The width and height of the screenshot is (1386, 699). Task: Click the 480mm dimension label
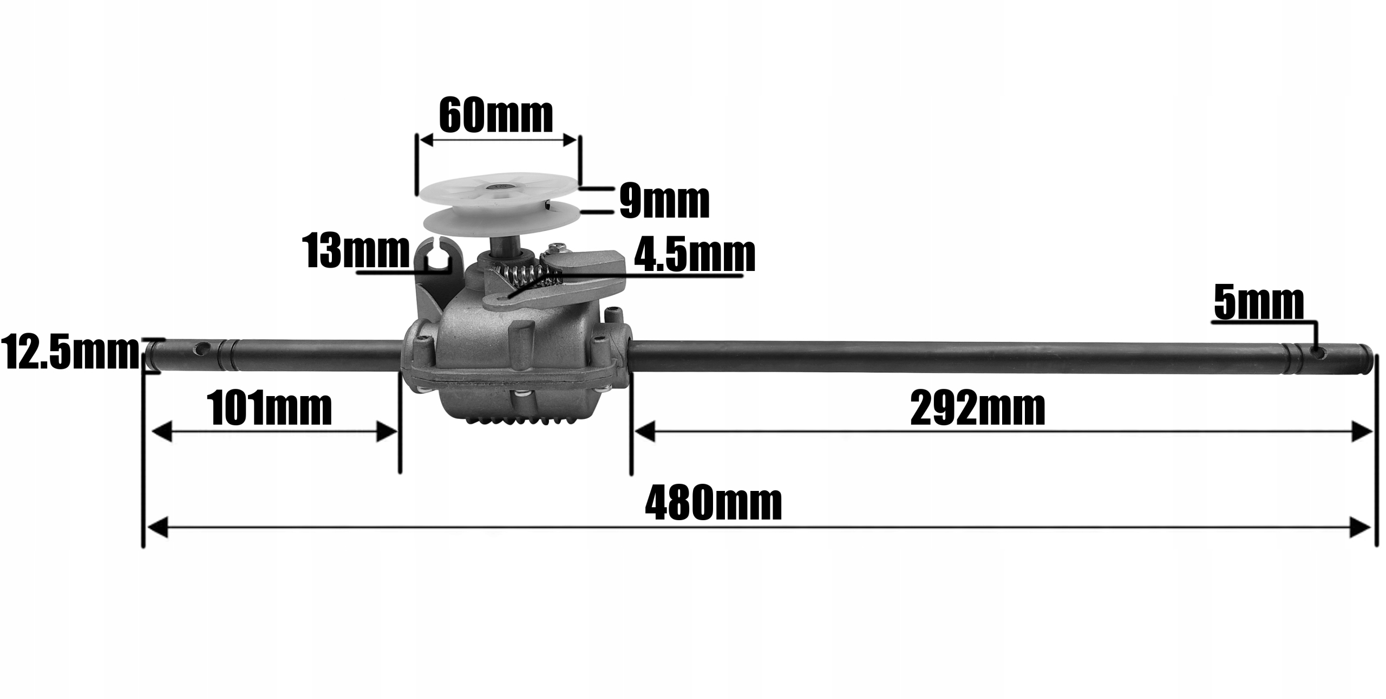pyautogui.click(x=713, y=503)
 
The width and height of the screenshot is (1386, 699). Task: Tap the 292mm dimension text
pyautogui.click(x=978, y=409)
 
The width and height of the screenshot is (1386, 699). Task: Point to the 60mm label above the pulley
pyautogui.click(x=496, y=115)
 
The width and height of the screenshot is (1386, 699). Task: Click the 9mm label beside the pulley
pyautogui.click(x=664, y=202)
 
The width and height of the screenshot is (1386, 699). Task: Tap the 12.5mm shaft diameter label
pyautogui.click(x=70, y=352)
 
